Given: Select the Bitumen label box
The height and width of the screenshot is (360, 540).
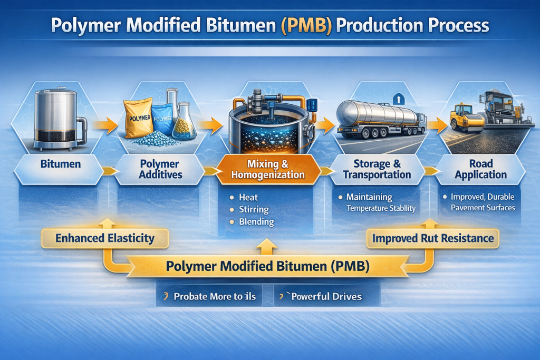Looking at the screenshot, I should pos(61,164).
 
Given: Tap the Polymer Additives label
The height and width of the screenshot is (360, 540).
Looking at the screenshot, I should pos(159,169).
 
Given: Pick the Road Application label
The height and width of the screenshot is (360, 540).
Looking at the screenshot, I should pos(480,169).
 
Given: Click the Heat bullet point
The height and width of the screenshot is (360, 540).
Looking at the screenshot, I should pos(248,197).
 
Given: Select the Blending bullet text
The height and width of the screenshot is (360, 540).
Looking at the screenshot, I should pos(256,221).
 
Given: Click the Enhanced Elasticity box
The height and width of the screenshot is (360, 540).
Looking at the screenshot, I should pos(105,238).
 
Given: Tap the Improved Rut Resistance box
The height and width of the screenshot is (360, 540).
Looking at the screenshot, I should pos(433,238).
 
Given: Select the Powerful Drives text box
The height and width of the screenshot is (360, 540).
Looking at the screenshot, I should pos(326,296).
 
